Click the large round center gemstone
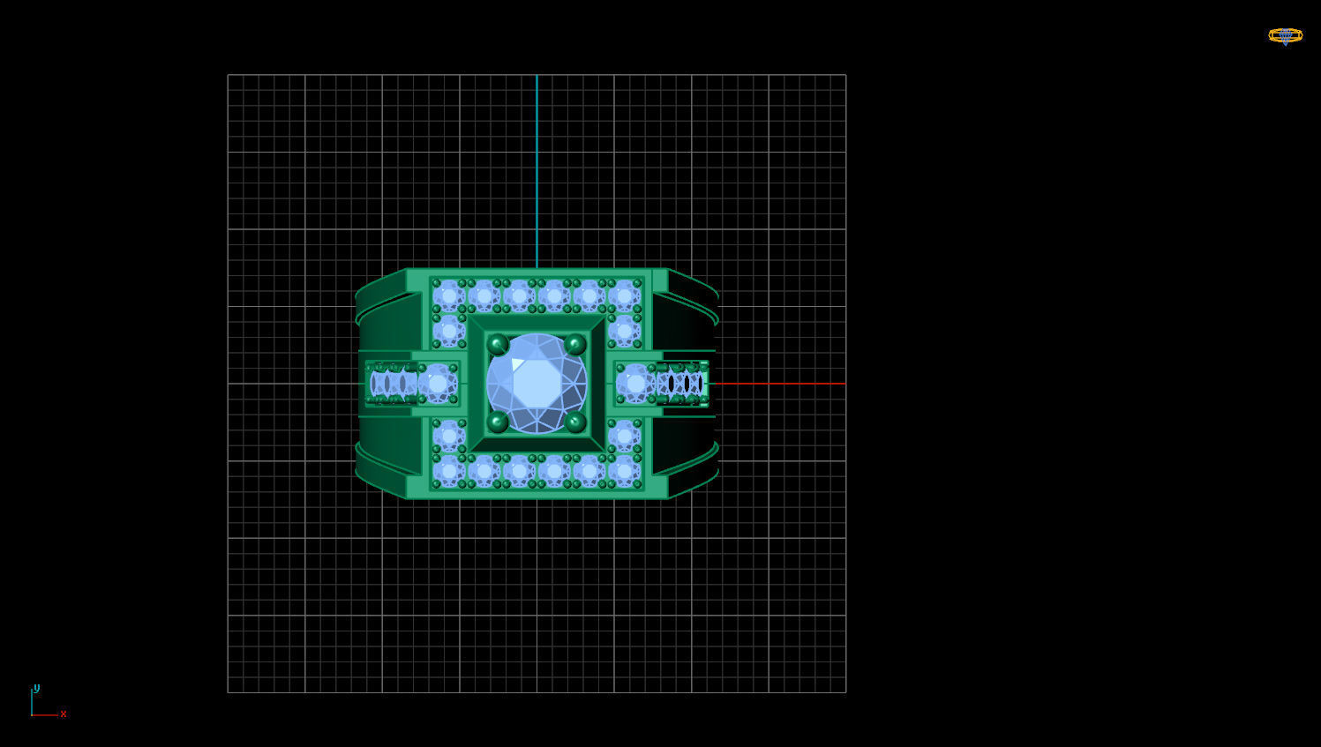point(537,384)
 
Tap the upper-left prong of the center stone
point(498,344)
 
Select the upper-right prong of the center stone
point(575,344)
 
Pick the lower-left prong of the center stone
point(498,422)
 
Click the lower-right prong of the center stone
point(575,422)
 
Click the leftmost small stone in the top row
point(448,295)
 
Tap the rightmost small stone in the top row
point(624,295)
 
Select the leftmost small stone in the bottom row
point(448,471)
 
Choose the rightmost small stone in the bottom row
point(624,471)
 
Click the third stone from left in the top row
point(519,295)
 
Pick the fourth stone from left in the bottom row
point(554,471)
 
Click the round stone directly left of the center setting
point(438,384)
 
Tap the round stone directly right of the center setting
point(635,384)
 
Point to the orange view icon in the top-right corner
point(1285,36)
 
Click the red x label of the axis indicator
point(64,714)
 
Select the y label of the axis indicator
point(36,688)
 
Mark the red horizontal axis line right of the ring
point(777,384)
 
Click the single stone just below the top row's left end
point(448,331)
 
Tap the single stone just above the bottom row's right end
point(624,436)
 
